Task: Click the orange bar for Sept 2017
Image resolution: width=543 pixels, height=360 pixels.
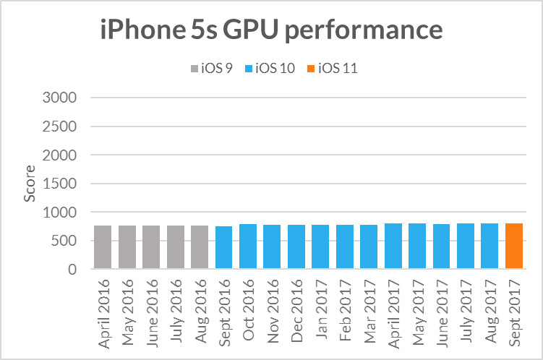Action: click(514, 247)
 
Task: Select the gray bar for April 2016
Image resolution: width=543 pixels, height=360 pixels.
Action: click(103, 247)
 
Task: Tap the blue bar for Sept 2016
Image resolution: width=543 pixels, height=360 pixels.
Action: click(224, 248)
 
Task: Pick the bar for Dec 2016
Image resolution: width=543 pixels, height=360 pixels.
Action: click(296, 247)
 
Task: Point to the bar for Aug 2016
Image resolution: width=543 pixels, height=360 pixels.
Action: click(200, 247)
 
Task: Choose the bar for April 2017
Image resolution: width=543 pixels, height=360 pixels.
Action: click(393, 247)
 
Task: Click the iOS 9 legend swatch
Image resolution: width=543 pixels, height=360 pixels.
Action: click(194, 69)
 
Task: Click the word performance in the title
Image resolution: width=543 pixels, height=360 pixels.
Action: click(371, 32)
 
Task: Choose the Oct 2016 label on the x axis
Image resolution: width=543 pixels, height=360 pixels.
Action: click(248, 312)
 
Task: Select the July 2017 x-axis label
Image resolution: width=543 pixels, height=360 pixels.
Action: click(466, 312)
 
